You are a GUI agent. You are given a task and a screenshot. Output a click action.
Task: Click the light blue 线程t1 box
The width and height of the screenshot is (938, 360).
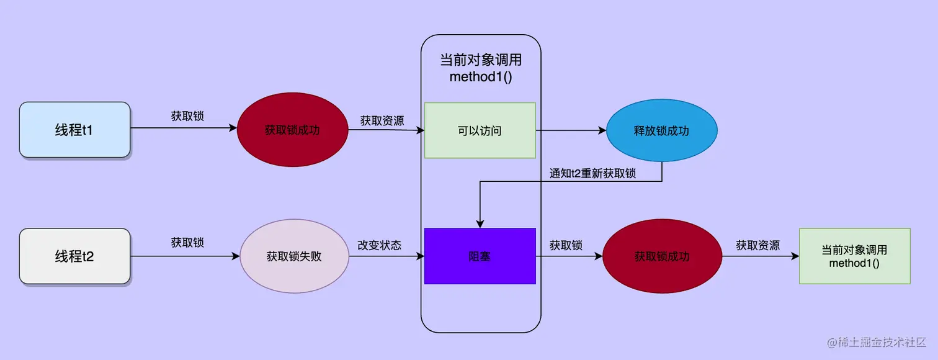coord(74,130)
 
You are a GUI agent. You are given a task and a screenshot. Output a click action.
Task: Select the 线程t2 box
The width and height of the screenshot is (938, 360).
coord(74,256)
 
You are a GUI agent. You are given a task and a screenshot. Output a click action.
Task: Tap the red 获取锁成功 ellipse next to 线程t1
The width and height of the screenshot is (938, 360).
coord(292,130)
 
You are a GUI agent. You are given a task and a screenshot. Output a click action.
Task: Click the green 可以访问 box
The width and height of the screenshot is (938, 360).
coord(480,130)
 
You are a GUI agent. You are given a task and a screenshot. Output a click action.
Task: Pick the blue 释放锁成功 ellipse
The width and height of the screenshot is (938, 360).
coord(661,132)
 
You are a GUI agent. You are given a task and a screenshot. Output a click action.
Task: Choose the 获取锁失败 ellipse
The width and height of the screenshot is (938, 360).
coord(294,256)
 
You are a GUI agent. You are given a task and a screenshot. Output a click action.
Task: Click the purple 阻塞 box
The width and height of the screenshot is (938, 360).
coord(480,256)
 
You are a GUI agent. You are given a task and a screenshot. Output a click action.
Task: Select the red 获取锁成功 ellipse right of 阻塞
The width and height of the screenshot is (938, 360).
coord(662,256)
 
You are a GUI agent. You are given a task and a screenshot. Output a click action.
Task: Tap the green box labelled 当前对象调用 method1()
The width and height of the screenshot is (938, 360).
coord(854,256)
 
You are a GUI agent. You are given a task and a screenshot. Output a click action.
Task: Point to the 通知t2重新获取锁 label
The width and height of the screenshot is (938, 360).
coord(592,174)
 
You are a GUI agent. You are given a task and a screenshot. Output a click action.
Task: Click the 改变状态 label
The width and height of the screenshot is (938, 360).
coord(379,245)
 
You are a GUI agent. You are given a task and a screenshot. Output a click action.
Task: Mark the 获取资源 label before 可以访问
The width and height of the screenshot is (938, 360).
coord(382,120)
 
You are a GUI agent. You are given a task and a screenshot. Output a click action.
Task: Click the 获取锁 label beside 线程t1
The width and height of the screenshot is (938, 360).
coord(187,116)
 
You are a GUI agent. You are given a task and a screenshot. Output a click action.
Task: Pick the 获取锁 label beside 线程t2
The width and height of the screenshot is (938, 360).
coord(187,243)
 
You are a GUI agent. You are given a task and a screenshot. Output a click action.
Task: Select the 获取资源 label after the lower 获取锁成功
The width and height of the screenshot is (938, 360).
coord(758,245)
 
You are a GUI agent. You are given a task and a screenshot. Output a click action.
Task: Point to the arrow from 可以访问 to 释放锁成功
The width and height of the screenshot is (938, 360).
coord(571,130)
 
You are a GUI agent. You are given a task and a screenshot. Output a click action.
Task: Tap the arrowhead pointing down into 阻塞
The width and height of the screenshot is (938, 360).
coord(480,223)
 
